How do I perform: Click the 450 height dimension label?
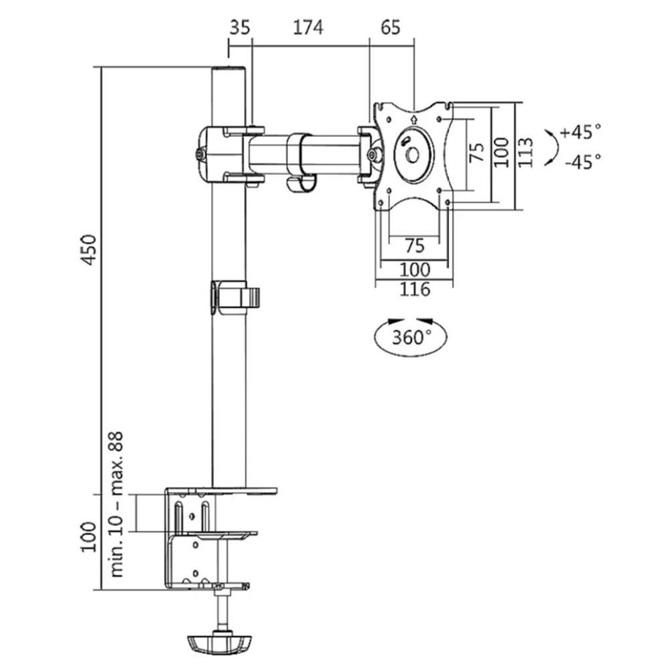point(90,249)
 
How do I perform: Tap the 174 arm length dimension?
point(307,27)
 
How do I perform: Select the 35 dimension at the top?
point(240,27)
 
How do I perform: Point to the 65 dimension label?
point(391,27)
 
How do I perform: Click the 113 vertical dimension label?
point(526,152)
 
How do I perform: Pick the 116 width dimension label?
point(414,289)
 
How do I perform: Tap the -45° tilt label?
point(581,161)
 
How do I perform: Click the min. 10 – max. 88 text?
point(118,504)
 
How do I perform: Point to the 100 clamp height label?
point(90,536)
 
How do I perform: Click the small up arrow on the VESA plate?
point(413,120)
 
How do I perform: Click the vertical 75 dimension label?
point(476,153)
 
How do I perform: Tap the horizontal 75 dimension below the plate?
point(415,245)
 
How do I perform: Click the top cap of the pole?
point(228,70)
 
